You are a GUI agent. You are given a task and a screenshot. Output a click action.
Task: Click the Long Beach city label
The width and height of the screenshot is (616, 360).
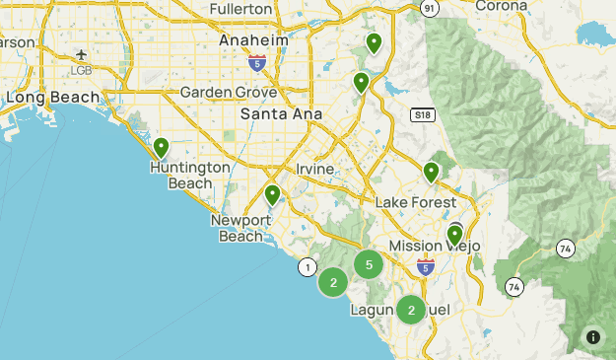[53, 97]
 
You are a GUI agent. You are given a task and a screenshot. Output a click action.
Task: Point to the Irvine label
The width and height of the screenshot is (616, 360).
[315, 169]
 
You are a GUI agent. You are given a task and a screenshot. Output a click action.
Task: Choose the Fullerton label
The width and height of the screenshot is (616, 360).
[240, 9]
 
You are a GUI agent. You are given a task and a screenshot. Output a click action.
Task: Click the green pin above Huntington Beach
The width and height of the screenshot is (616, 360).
[161, 148]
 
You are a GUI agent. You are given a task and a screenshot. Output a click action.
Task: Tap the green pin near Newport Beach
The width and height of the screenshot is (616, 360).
[272, 194]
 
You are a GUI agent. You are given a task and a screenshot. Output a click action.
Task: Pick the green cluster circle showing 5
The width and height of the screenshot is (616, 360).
[368, 263]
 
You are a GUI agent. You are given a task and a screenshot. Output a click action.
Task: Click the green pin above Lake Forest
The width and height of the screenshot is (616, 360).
[431, 172]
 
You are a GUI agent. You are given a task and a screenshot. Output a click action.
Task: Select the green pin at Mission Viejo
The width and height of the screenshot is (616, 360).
[454, 234]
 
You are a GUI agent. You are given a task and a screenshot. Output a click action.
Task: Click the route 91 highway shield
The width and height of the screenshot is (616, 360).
[429, 7]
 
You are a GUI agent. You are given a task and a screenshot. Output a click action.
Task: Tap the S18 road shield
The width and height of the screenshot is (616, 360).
[423, 114]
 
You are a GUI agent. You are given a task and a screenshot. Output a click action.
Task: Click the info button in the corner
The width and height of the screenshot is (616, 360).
[593, 336]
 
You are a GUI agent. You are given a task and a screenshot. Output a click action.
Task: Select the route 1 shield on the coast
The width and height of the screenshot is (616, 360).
[308, 266]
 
